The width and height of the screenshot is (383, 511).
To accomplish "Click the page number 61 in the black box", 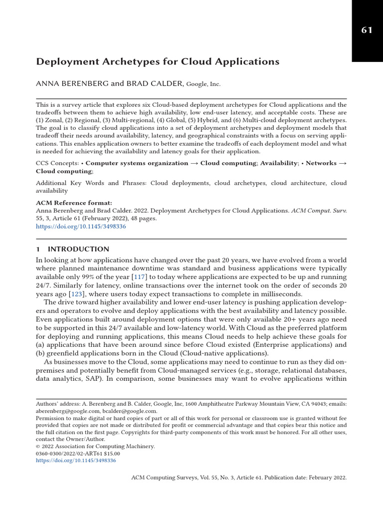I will pyautogui.click(x=367, y=30).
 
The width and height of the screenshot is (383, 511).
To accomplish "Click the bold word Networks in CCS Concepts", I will pyautogui.click(x=322, y=163).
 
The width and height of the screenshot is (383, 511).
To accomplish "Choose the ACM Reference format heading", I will pyautogui.click(x=74, y=203).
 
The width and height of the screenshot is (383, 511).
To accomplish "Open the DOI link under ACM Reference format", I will pyautogui.click(x=81, y=226).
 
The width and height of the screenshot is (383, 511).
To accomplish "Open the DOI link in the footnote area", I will pyautogui.click(x=76, y=461).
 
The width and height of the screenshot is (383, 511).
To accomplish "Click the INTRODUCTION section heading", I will pyautogui.click(x=78, y=249).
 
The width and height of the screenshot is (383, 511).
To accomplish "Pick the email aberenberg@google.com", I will pyautogui.click(x=64, y=411).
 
